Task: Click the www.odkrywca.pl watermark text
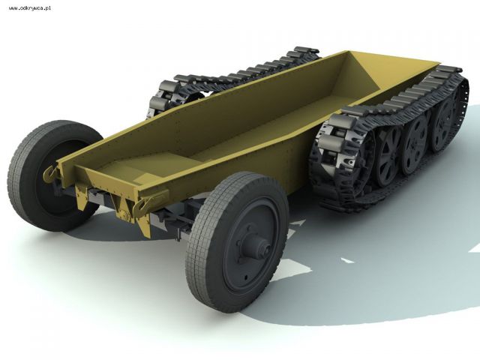tap(30, 8)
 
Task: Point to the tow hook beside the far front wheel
tap(50, 174)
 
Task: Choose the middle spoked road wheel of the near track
tap(415, 144)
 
